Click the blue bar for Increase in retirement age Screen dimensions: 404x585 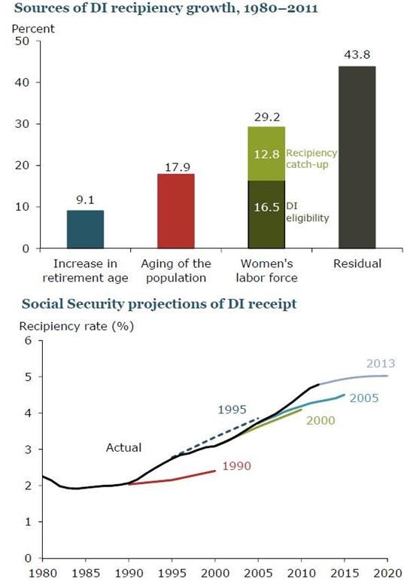(85, 229)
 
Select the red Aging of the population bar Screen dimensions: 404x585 (176, 211)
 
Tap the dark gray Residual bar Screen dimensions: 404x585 (357, 157)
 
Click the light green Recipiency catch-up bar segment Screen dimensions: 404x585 (266, 154)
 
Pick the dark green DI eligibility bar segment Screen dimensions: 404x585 (266, 215)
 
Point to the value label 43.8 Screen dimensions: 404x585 (357, 54)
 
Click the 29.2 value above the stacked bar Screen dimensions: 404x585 (267, 117)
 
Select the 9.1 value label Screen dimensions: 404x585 (85, 200)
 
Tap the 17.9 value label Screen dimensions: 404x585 (178, 167)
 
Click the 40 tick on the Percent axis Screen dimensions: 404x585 (22, 82)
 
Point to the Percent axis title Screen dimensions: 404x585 (33, 29)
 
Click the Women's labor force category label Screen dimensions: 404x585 (267, 270)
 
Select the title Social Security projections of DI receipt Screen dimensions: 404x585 (159, 303)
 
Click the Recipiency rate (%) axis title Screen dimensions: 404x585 (77, 326)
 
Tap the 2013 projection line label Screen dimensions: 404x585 (381, 364)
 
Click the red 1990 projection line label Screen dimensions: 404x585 (237, 466)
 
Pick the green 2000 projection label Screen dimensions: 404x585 (320, 420)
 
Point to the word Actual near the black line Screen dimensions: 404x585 (123, 447)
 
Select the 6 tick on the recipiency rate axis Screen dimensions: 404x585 (29, 340)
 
